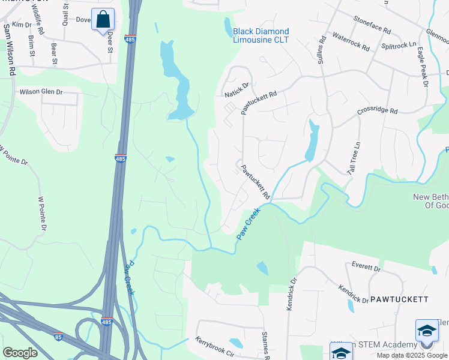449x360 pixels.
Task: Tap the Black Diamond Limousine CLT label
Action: coord(261,35)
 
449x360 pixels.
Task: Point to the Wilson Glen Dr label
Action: coord(41,92)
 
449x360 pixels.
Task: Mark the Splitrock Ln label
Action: coord(399,46)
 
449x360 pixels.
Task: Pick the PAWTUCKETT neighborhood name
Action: coord(399,299)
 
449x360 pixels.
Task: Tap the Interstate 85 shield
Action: coord(58,337)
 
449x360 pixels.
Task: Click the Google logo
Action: coord(20,353)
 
